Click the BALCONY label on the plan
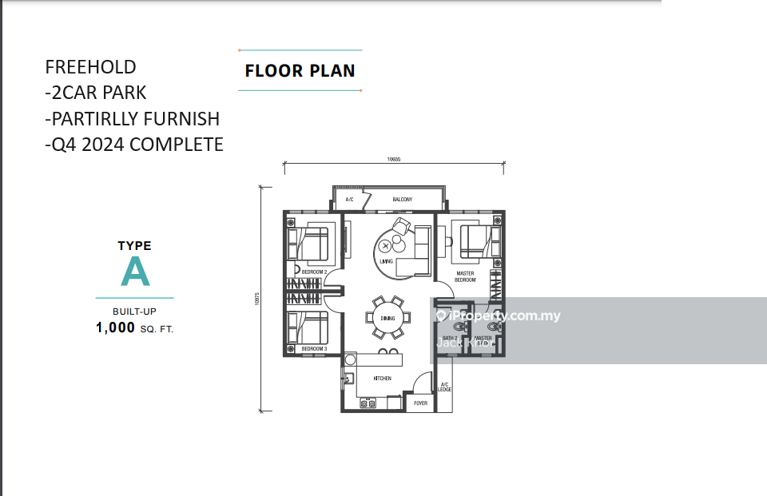[x=402, y=200]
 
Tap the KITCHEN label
[x=382, y=378]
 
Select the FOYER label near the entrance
[x=420, y=403]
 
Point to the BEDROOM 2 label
[x=314, y=272]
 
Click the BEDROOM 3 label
[x=314, y=349]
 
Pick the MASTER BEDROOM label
[x=465, y=276]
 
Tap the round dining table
[x=388, y=318]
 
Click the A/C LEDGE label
[x=445, y=387]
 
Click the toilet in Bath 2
[x=457, y=327]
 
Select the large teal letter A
[x=135, y=273]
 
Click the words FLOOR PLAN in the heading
[x=300, y=70]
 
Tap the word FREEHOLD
[x=90, y=67]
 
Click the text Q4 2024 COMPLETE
[x=133, y=145]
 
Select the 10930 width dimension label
[x=394, y=160]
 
